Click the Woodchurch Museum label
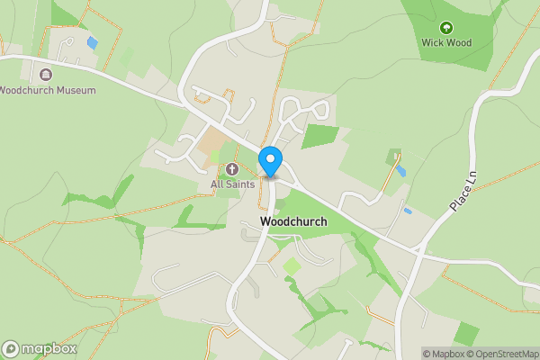pos(47,90)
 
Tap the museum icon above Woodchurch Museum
pos(46,74)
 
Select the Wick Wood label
pos(446,42)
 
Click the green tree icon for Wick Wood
pos(446,27)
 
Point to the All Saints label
pos(232,184)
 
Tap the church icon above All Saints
pos(232,168)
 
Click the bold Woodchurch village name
pos(292,220)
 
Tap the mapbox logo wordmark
pos(49,348)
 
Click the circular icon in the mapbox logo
pos(11,348)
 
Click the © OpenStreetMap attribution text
pos(503,354)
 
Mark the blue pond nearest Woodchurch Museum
pos(92,42)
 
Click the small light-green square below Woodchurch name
pos(292,266)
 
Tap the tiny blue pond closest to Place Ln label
pos(409,211)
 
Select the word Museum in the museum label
pos(76,90)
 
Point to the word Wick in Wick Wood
pos(433,42)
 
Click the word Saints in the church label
pos(240,184)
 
